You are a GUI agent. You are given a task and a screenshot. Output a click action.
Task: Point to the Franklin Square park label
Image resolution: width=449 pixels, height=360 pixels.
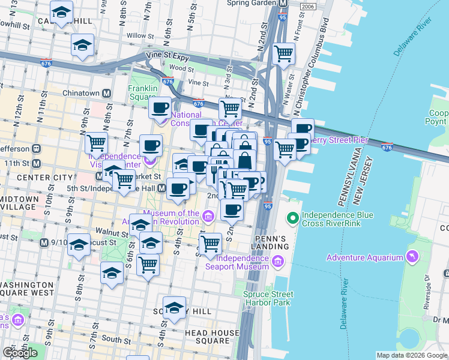tap(142, 92)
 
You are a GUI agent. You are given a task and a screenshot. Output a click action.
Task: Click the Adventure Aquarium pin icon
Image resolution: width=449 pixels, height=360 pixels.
tap(412, 257)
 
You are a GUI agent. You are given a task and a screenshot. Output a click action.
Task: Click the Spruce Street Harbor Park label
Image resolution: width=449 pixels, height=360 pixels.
tap(268, 298)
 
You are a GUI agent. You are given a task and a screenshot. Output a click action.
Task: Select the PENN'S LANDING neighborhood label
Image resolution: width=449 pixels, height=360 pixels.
tap(267, 242)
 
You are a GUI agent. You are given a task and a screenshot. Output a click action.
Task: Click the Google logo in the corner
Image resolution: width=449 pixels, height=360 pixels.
tap(20, 353)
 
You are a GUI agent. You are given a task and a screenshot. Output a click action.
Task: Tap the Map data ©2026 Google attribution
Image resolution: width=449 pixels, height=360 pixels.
tap(411, 356)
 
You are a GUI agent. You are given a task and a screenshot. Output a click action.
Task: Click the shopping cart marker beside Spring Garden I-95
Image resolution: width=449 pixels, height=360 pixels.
tap(284, 54)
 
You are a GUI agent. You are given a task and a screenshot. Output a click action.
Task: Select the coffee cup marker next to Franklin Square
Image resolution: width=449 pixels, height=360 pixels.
tap(160, 108)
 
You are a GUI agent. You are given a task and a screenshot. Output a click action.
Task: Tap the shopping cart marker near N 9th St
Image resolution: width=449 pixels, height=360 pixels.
tap(95, 143)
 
